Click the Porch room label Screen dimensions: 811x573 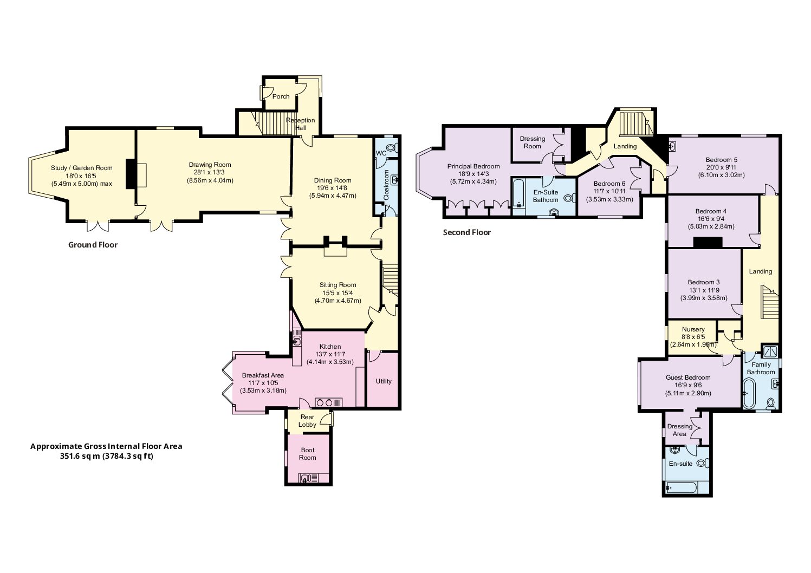tap(281, 96)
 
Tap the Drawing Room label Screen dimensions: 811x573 tap(210, 165)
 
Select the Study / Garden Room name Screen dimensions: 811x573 tap(81, 168)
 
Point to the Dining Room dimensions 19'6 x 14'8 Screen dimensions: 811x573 tap(333, 188)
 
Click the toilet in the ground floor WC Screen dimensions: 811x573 tap(392, 147)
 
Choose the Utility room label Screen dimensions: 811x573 tap(384, 381)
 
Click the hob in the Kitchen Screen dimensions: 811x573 tap(328, 402)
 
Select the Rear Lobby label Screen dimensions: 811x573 tap(307, 421)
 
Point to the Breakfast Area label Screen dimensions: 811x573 tap(263, 375)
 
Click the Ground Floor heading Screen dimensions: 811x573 tap(93, 245)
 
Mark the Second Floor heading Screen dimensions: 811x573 tap(466, 232)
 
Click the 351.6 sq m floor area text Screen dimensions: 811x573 tap(106, 456)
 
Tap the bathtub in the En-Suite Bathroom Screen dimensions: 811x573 tap(519, 193)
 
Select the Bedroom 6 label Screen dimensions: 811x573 tap(609, 184)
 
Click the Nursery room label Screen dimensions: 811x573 tap(693, 329)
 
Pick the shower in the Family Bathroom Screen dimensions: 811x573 tap(770, 351)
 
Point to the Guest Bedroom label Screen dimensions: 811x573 tap(688, 377)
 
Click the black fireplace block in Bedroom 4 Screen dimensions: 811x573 tap(708, 243)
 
